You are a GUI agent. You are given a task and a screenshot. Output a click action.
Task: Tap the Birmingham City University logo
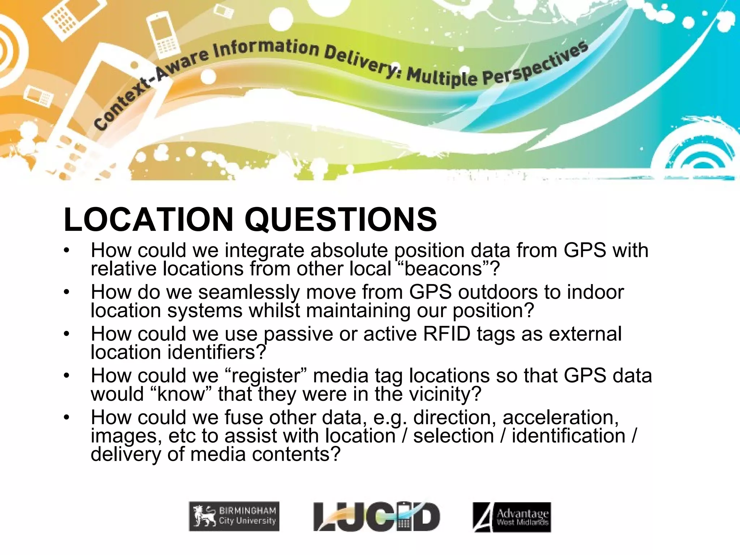pos(234,516)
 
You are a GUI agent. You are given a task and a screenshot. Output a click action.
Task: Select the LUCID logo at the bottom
pos(377,517)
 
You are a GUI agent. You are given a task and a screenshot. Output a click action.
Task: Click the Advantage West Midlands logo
pos(512,517)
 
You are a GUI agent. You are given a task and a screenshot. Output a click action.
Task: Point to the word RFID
pos(447,334)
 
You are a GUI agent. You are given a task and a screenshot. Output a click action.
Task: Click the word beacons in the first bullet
pos(443,269)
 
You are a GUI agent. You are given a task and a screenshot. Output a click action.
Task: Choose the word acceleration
pos(560,417)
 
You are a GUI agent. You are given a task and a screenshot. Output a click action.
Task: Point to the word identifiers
pos(213,352)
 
